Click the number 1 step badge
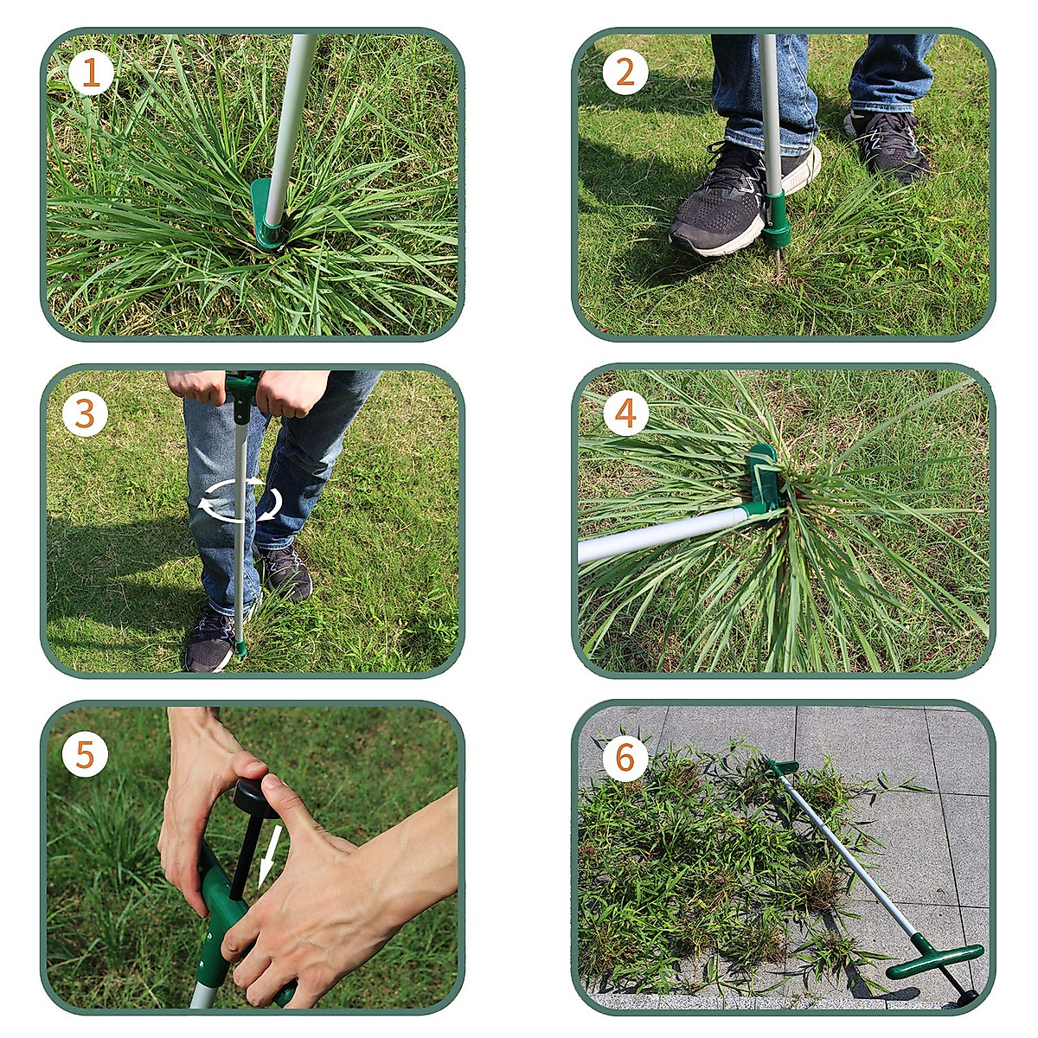[x=91, y=74]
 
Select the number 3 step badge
[x=85, y=414]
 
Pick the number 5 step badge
[x=85, y=754]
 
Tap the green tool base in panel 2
[x=775, y=221]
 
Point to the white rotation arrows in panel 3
[x=240, y=500]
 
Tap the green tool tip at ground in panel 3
[x=239, y=647]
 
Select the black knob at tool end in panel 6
[x=965, y=998]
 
